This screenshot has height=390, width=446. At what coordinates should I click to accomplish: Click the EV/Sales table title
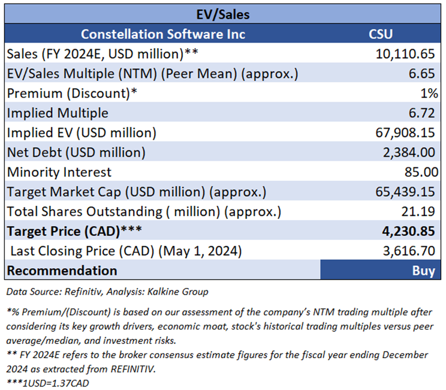[x=223, y=13]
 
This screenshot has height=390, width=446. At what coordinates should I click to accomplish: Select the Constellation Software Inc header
[x=163, y=34]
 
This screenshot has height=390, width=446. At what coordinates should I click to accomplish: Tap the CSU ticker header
[x=380, y=34]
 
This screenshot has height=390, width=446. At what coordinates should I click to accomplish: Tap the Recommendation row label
[x=62, y=271]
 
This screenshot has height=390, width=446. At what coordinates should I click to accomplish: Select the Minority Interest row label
[x=59, y=172]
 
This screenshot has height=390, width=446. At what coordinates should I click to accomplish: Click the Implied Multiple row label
[x=58, y=113]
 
